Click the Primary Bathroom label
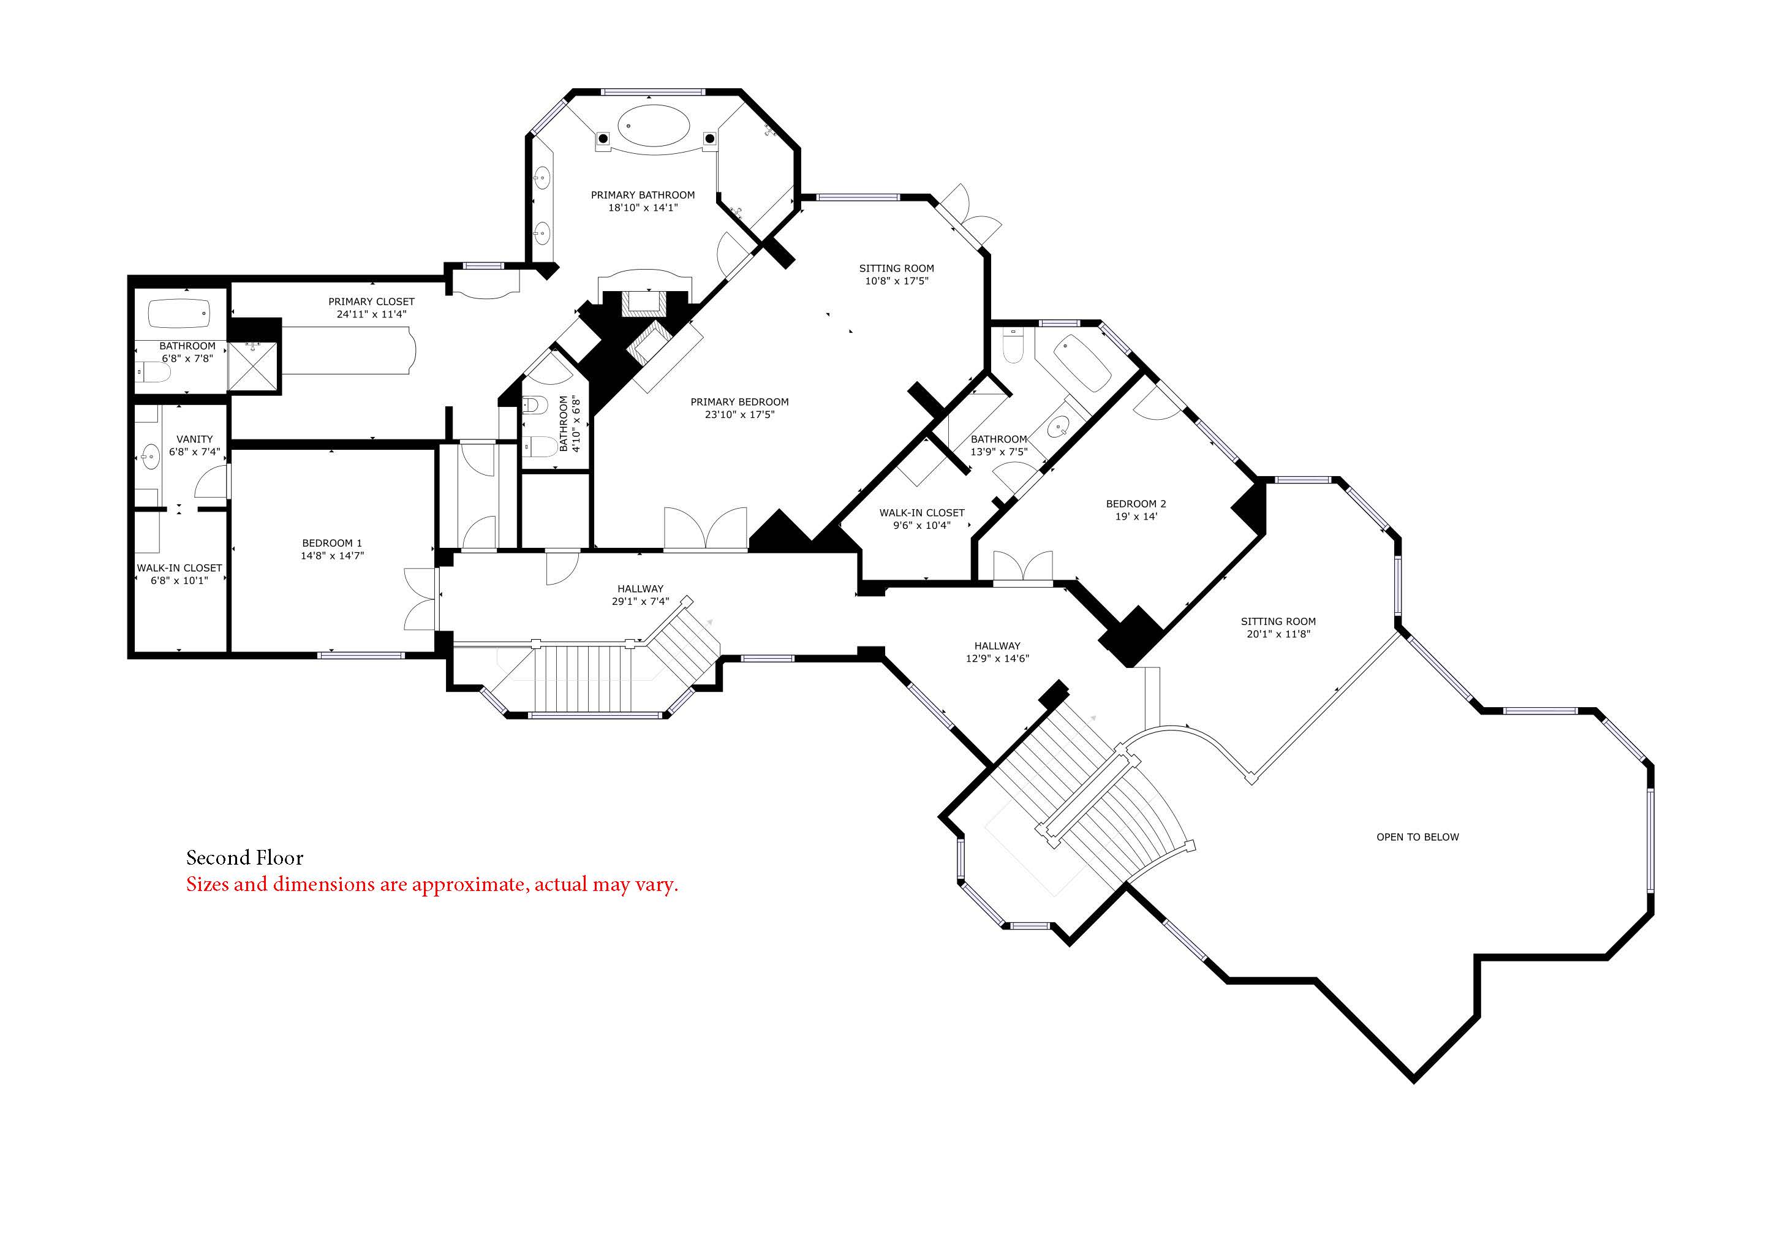coord(643,195)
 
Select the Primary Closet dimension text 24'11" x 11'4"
coord(372,314)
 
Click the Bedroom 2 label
coord(1136,504)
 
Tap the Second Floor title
coord(245,858)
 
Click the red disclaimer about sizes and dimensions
coord(432,885)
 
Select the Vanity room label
coord(195,439)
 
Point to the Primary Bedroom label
coord(739,402)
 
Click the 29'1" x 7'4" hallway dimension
coord(641,601)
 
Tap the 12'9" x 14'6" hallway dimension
coord(997,658)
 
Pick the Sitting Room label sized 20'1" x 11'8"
coord(1278,621)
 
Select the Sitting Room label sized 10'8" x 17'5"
coord(896,269)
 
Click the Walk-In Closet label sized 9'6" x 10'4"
coord(922,513)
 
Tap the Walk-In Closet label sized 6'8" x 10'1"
coord(179,568)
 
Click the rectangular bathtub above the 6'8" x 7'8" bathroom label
coord(179,314)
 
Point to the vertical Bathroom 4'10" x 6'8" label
coord(570,423)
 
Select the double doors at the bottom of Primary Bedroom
coord(706,529)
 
